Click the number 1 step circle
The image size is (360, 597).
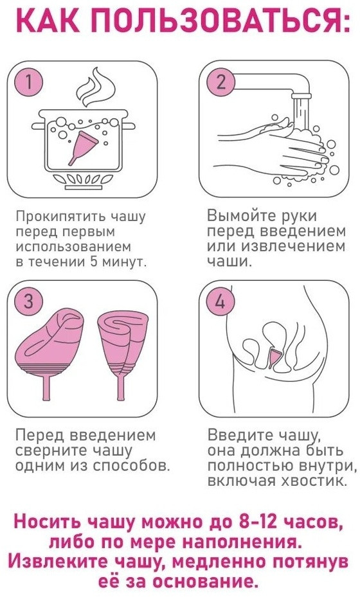(29, 82)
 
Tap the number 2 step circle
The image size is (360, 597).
(221, 82)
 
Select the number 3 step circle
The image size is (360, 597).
(29, 302)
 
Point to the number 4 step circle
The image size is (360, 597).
(221, 302)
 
